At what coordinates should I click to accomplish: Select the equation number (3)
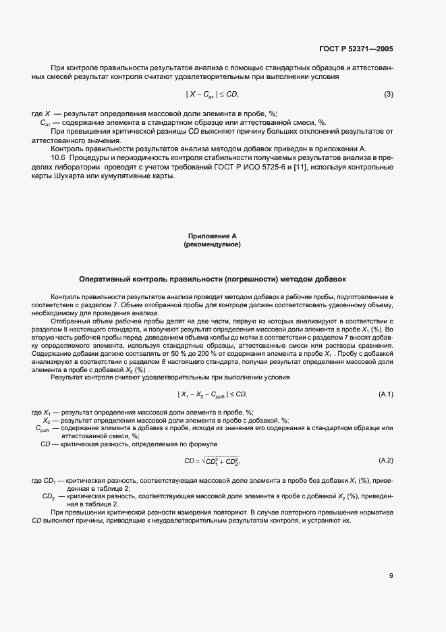click(388, 94)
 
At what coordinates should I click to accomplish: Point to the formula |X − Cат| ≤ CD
click(213, 94)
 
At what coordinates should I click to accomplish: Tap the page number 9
click(391, 576)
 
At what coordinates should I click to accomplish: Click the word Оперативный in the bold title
click(105, 278)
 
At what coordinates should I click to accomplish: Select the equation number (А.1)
click(386, 394)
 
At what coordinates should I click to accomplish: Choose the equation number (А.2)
click(386, 460)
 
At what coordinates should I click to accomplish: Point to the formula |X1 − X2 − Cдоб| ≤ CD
click(213, 394)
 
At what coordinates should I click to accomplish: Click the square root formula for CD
click(213, 461)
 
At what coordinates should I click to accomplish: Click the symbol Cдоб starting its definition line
click(40, 429)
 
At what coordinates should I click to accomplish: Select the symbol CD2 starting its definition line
click(49, 496)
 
